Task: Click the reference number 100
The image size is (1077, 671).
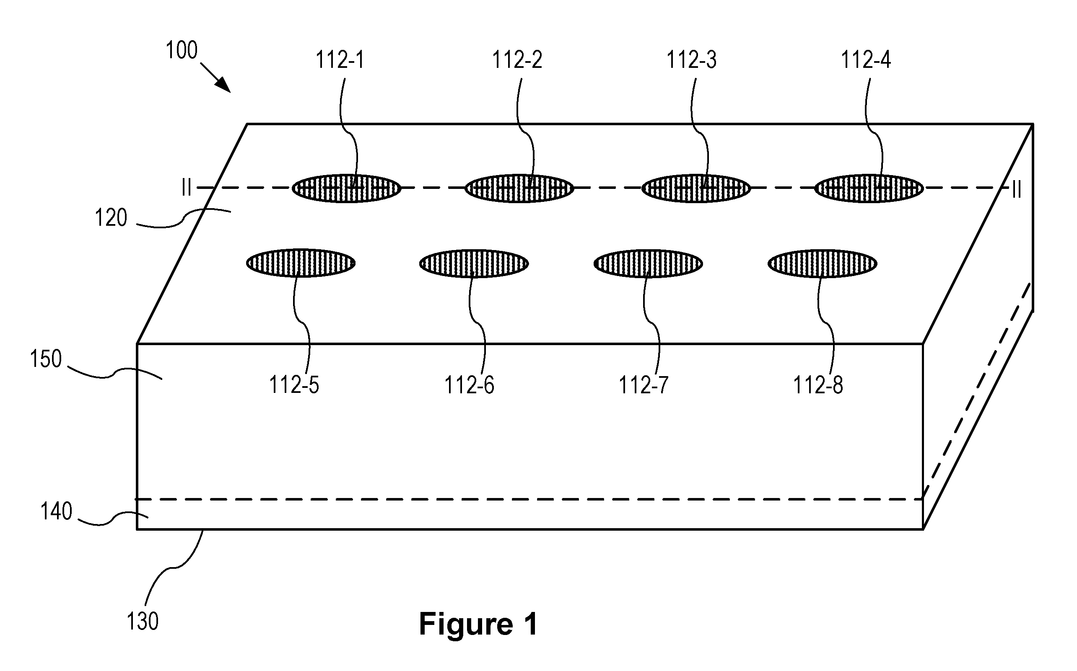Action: [x=181, y=51]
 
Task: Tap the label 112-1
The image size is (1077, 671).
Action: [x=340, y=60]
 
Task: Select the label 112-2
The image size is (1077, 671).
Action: [x=517, y=60]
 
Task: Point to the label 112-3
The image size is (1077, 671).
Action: [x=691, y=60]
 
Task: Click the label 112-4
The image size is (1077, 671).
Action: [x=866, y=60]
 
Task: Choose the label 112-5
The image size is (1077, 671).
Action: [x=294, y=385]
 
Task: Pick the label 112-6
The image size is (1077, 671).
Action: [x=469, y=385]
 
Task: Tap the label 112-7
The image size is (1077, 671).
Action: [x=644, y=385]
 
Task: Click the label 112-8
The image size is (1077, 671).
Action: [x=818, y=385]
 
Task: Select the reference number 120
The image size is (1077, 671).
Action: [x=111, y=218]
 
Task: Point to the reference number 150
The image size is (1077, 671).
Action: [x=46, y=359]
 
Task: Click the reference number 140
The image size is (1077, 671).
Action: [x=56, y=511]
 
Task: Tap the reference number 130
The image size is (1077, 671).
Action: [x=143, y=621]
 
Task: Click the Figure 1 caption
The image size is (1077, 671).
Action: [x=478, y=624]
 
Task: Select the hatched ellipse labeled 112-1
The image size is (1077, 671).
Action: [x=346, y=188]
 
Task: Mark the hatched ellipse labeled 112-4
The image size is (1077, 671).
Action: [x=869, y=188]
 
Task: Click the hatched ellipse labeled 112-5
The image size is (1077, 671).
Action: [x=301, y=263]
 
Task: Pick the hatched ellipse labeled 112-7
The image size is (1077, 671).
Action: [x=648, y=263]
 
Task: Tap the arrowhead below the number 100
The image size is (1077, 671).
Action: [x=224, y=85]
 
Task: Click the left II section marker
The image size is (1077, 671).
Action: [x=187, y=188]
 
